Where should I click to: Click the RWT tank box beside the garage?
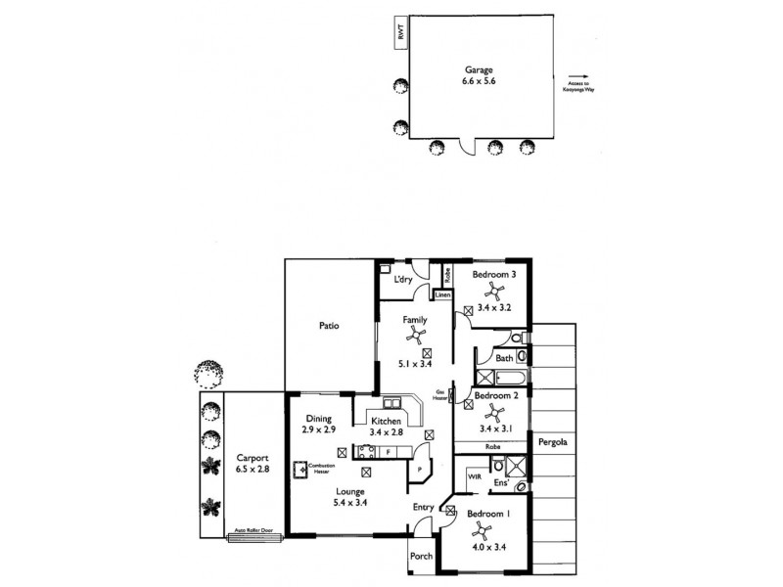pyautogui.click(x=398, y=32)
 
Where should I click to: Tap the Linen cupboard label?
pyautogui.click(x=443, y=293)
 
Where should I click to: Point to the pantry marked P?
pyautogui.click(x=419, y=471)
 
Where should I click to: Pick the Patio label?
pyautogui.click(x=329, y=326)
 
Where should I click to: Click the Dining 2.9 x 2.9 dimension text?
pyautogui.click(x=319, y=425)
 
